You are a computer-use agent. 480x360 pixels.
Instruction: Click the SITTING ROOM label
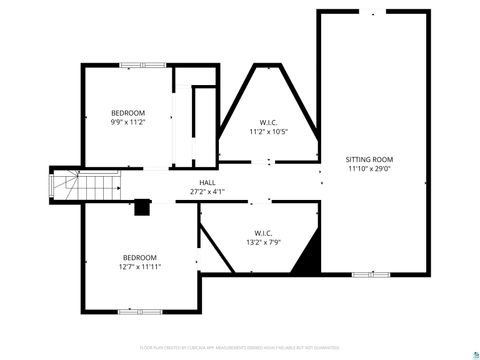tap(370, 159)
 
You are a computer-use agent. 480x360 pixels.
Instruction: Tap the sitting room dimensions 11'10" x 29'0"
tap(370, 169)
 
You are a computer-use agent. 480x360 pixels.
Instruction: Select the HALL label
tap(207, 182)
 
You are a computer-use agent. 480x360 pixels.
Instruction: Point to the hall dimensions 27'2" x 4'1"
tap(207, 191)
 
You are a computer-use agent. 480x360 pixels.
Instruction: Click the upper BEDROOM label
tap(128, 112)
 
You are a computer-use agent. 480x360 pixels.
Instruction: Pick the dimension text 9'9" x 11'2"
tap(128, 122)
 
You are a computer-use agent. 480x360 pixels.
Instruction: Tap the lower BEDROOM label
tap(139, 257)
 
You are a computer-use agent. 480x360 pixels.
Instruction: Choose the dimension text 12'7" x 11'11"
tap(139, 267)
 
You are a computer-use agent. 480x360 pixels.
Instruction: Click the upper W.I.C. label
tap(269, 122)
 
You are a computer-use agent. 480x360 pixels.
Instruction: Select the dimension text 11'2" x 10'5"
tap(269, 132)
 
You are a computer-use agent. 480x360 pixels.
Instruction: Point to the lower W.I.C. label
tap(263, 232)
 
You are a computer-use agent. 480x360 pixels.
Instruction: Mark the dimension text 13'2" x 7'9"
tap(263, 242)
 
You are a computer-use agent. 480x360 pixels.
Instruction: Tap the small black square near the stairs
tap(142, 208)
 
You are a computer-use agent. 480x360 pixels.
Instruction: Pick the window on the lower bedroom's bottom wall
tap(140, 311)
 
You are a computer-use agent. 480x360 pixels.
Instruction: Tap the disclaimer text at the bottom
tap(240, 347)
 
